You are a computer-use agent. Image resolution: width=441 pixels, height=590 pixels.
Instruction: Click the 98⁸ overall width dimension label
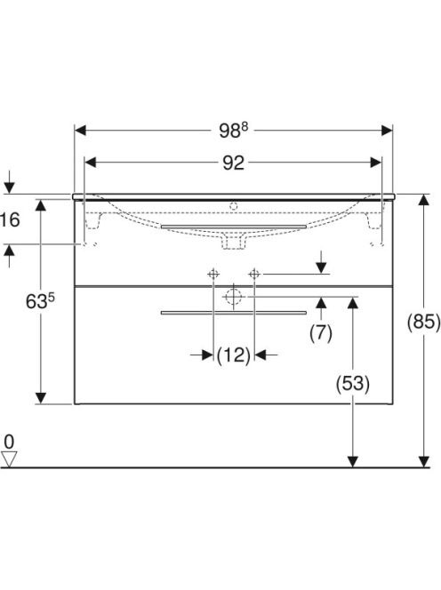point(234,131)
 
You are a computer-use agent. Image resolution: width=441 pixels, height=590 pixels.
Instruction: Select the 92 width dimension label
point(233,163)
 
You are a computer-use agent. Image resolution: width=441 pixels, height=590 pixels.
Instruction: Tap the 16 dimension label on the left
point(10,219)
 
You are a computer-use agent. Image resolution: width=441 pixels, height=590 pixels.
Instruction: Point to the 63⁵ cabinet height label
point(40,301)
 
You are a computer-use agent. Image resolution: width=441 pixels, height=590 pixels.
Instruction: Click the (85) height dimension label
point(424,322)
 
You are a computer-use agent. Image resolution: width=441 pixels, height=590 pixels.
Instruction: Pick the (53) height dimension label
point(352,384)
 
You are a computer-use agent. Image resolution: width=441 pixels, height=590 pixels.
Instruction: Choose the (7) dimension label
point(321,333)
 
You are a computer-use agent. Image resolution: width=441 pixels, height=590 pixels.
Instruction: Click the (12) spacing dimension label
point(234,355)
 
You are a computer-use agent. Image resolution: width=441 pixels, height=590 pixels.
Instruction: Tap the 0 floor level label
point(9,442)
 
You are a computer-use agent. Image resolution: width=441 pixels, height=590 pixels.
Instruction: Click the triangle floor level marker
point(9,459)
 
